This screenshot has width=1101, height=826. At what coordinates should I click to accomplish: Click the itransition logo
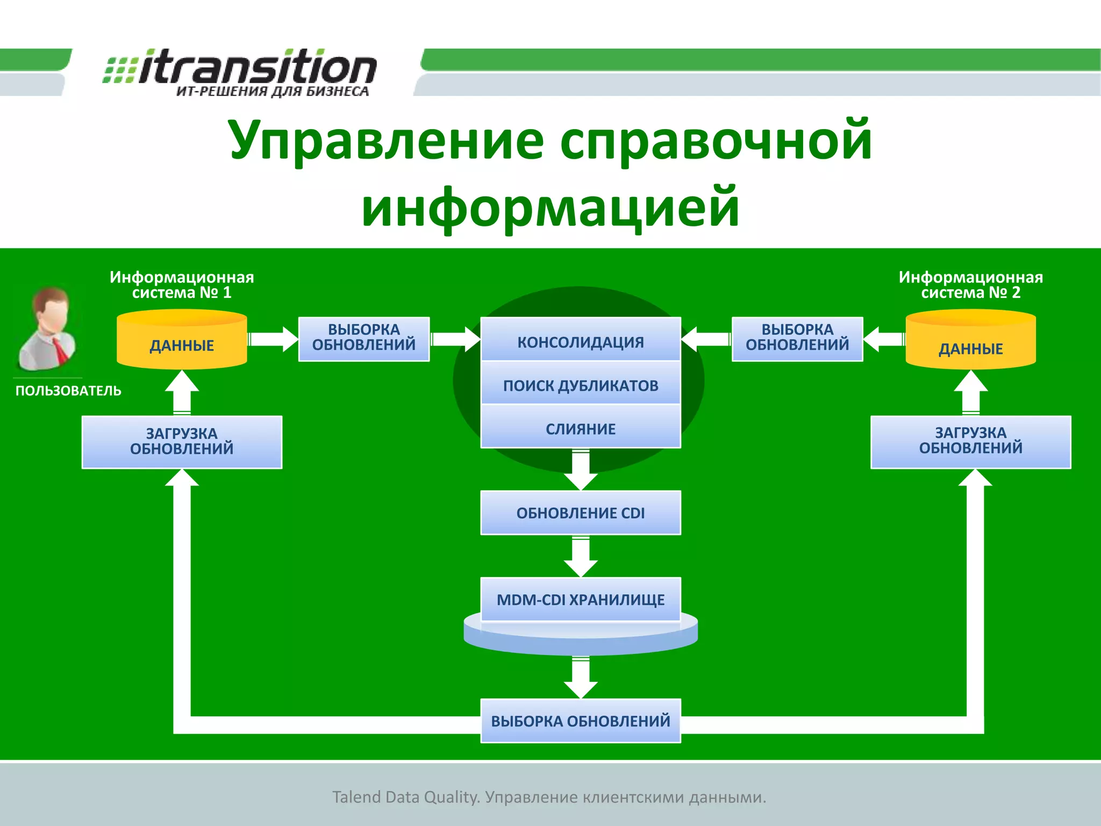240,73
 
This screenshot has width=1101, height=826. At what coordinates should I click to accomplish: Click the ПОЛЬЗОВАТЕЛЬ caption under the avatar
68,391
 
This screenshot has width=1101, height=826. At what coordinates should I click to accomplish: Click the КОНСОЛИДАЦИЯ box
581,341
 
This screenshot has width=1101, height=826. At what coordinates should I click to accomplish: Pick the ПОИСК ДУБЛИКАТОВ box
581,385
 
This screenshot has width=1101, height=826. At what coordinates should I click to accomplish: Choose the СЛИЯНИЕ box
581,429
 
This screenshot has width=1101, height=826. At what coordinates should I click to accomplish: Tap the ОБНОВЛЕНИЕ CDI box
581,512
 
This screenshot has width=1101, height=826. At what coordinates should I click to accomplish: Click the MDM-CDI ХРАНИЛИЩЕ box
581,599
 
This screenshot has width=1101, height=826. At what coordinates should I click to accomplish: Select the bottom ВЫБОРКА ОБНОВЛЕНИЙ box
581,721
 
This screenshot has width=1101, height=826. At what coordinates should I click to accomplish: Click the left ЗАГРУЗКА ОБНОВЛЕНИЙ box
182,442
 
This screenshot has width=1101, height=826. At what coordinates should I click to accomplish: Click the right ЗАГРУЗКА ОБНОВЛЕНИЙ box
970,441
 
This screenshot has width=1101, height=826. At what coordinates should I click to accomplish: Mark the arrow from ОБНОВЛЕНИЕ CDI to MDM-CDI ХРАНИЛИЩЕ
581,557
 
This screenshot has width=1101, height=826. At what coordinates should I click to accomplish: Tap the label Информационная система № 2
970,284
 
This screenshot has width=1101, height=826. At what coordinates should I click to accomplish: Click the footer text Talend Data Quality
406,797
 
